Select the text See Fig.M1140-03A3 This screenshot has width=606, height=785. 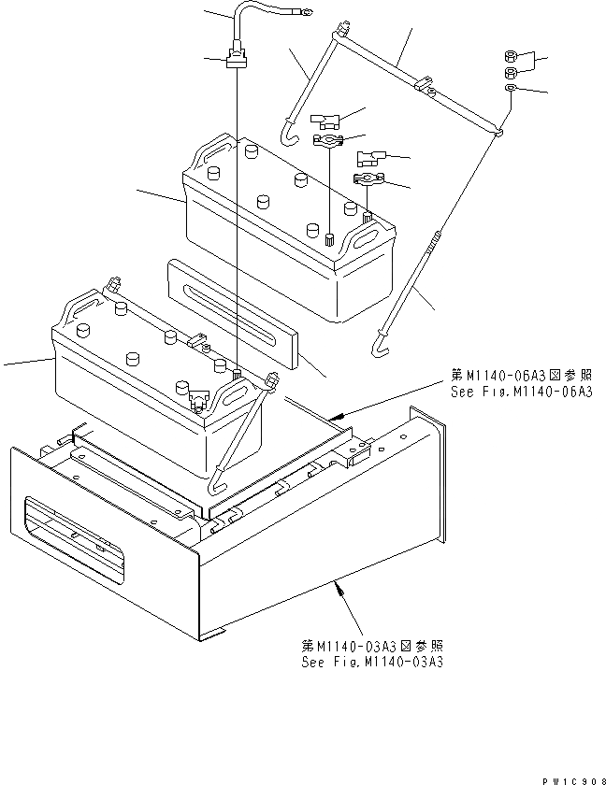pyautogui.click(x=372, y=662)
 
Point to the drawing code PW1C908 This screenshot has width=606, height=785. pyautogui.click(x=569, y=778)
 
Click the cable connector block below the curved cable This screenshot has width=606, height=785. pyautogui.click(x=238, y=62)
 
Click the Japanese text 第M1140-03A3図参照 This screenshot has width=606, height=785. pyautogui.click(x=372, y=646)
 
